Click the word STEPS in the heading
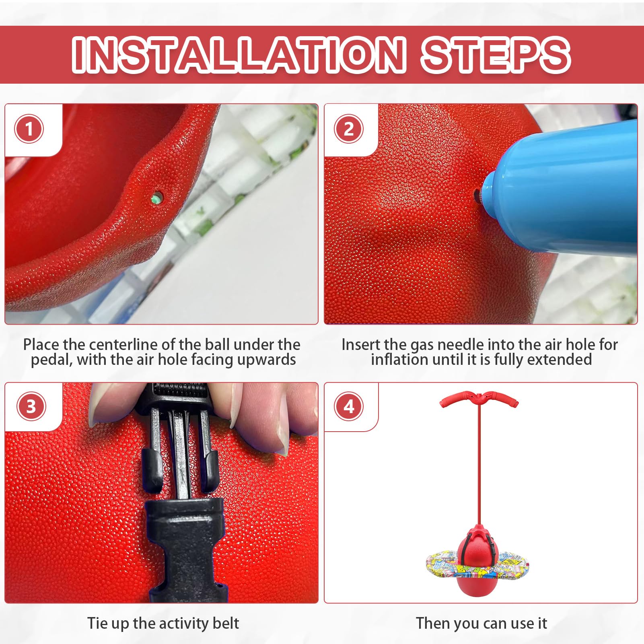(496, 54)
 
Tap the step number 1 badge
(29, 129)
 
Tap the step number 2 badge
(349, 129)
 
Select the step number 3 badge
(31, 407)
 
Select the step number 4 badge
(349, 407)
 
